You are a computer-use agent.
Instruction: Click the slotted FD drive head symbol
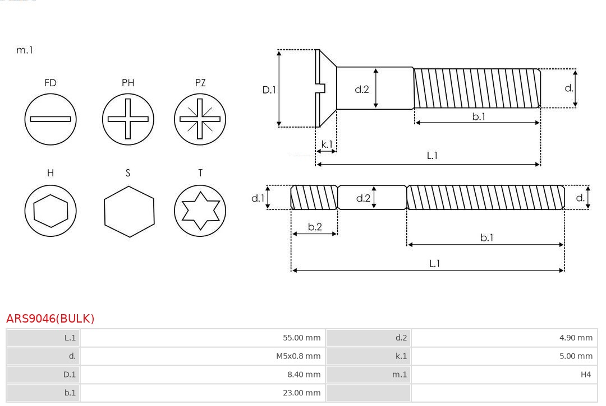pyautogui.click(x=50, y=119)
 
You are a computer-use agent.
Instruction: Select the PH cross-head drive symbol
pyautogui.click(x=128, y=119)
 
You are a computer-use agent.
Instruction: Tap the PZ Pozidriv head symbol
pyautogui.click(x=200, y=119)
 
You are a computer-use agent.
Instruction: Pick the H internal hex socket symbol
pyautogui.click(x=50, y=211)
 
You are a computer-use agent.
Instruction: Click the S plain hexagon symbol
pyautogui.click(x=128, y=211)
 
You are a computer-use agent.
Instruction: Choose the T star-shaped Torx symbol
pyautogui.click(x=200, y=211)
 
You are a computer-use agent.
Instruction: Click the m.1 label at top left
pyautogui.click(x=25, y=50)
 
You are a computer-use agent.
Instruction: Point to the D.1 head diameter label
pyautogui.click(x=269, y=89)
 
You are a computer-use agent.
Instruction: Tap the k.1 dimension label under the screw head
pyautogui.click(x=326, y=144)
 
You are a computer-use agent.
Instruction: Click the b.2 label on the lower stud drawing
pyautogui.click(x=315, y=227)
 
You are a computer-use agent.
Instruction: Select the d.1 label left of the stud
pyautogui.click(x=257, y=198)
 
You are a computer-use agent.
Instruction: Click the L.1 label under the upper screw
pyautogui.click(x=432, y=156)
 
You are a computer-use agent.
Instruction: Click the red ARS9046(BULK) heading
pyautogui.click(x=50, y=319)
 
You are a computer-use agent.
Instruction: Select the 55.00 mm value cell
pyautogui.click(x=301, y=338)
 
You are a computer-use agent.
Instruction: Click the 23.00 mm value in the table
pyautogui.click(x=301, y=393)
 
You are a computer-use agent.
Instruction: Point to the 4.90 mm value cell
pyautogui.click(x=576, y=338)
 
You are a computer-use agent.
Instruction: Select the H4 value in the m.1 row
pyautogui.click(x=586, y=374)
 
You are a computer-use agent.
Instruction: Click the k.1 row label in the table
pyautogui.click(x=401, y=356)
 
